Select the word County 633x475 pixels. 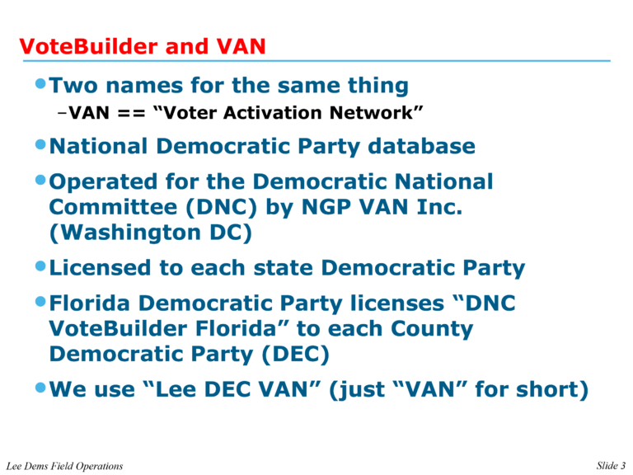pos(432,329)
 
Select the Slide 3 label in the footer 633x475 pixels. pos(611,466)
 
